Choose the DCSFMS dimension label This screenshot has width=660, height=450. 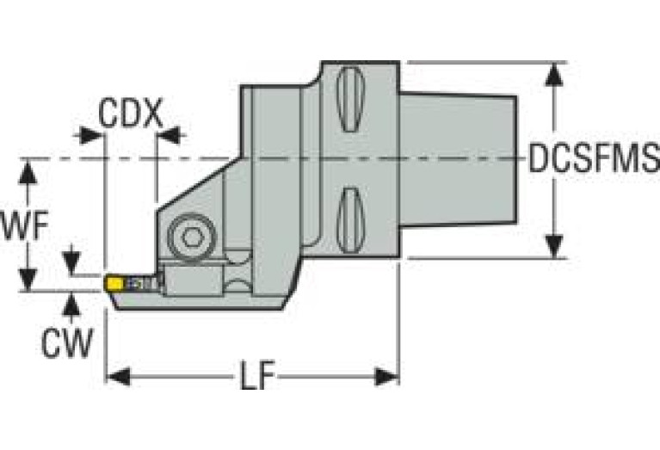pos(594,160)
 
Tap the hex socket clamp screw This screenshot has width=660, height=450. pos(187,234)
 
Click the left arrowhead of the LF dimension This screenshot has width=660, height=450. pos(116,376)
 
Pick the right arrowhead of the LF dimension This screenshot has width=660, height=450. pos(388,376)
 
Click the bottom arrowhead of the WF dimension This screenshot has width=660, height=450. pos(29,280)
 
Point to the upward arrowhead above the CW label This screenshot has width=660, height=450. pos(71,302)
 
